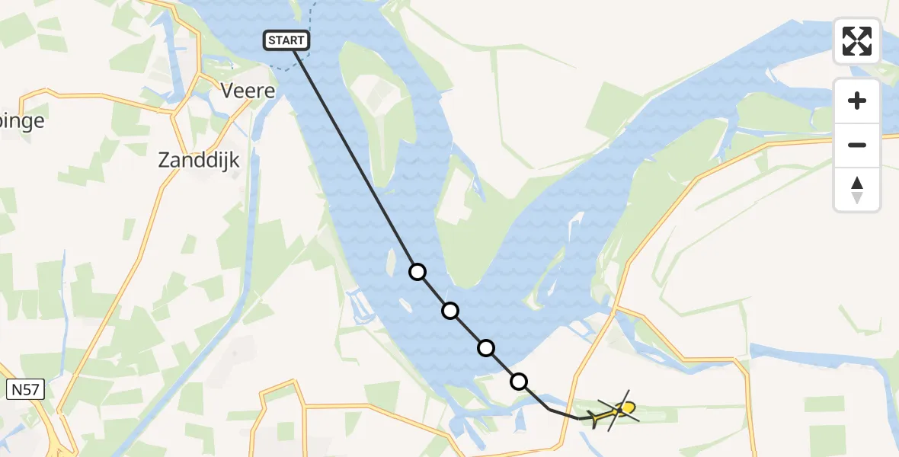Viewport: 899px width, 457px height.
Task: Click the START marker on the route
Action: pyautogui.click(x=286, y=40)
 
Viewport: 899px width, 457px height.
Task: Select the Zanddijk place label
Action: pyautogui.click(x=199, y=160)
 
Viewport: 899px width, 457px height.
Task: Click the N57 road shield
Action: pyautogui.click(x=27, y=391)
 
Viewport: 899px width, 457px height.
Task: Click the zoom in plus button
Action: pyautogui.click(x=857, y=101)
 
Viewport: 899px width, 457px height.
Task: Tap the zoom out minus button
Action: pyautogui.click(x=857, y=145)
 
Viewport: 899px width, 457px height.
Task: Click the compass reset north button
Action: pyautogui.click(x=857, y=190)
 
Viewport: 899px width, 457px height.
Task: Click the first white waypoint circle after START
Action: pyautogui.click(x=417, y=272)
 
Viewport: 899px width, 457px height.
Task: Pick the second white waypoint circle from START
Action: pyautogui.click(x=450, y=311)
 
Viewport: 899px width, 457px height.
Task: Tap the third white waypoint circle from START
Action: pyautogui.click(x=485, y=348)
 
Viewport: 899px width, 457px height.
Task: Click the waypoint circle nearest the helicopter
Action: pyautogui.click(x=519, y=382)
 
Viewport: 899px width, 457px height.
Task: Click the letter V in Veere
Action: pyautogui.click(x=227, y=91)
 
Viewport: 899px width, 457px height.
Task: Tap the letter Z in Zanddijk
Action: pyautogui.click(x=164, y=160)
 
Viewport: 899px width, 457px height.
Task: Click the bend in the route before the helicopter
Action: pyautogui.click(x=550, y=410)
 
